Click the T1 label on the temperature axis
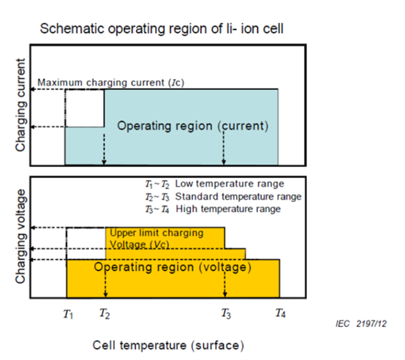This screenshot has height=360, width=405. pos(68,314)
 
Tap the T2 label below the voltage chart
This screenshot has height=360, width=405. pos(105,314)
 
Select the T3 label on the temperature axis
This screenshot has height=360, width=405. pos(226,314)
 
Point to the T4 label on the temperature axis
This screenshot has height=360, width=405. pos(281,313)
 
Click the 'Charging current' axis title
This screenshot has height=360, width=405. pos(20,105)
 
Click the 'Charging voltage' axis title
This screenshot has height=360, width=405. pos(20,236)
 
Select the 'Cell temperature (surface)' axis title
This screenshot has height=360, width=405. pos(168,345)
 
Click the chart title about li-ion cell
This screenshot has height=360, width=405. pos(162,29)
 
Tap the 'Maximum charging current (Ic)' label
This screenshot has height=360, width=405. pos(111,83)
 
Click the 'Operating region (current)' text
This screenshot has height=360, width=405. pos(193,126)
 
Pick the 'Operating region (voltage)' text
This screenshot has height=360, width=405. pos(173,267)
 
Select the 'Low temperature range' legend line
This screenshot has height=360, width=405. pos(214,184)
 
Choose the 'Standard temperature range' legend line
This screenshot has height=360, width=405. pos(223,197)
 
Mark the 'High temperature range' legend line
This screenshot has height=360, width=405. pos(213,209)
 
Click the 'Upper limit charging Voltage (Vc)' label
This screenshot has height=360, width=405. pos(156,239)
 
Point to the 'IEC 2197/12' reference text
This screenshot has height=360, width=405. pos(361,324)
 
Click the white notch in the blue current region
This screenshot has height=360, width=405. pos(85,108)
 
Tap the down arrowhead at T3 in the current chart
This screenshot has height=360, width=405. pos(224,162)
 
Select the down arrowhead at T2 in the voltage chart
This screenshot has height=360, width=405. pos(105,294)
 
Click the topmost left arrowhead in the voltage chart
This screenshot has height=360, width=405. pos(33,228)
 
